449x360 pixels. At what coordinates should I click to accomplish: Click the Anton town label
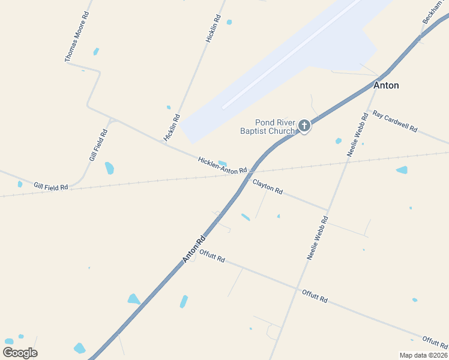pos(386,86)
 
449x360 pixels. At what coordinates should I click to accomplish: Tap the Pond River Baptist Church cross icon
pos(304,125)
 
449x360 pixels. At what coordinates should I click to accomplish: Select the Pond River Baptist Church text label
pos(267,127)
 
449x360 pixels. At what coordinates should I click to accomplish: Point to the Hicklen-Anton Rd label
pos(222,166)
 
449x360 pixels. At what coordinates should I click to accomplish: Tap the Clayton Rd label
pos(267,186)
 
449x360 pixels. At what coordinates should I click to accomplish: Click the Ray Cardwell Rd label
pos(394,121)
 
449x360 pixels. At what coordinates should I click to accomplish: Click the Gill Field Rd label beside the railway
pos(51,187)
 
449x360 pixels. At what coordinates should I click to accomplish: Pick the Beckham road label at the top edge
pos(433,12)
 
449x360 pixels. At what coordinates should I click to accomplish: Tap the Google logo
pos(20,353)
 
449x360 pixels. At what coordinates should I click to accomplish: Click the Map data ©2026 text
pos(423,355)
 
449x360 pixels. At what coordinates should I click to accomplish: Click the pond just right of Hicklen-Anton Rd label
pos(223,163)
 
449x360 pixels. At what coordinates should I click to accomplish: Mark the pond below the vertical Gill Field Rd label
pos(109,168)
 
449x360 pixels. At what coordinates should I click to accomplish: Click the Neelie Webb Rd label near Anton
pos(357,135)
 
